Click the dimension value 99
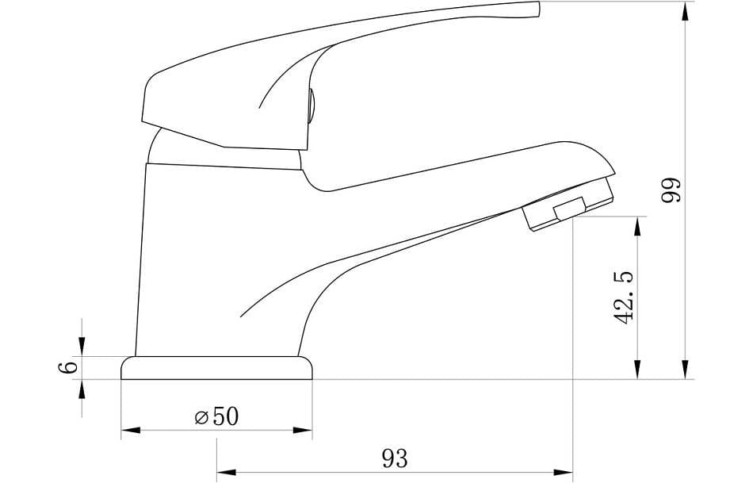click(x=672, y=190)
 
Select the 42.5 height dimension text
click(x=625, y=298)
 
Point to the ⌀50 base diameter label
click(x=216, y=416)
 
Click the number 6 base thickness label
click(x=69, y=367)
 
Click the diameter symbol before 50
click(x=201, y=418)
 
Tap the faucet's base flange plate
click(x=216, y=368)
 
